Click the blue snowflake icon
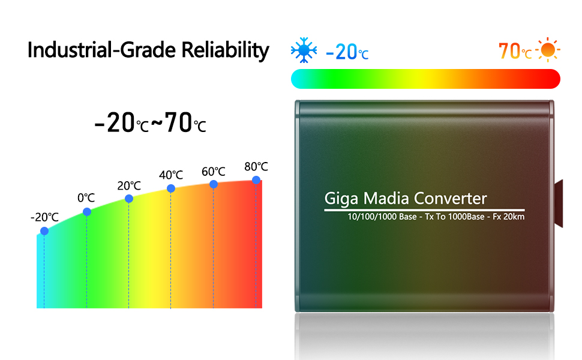point(304,52)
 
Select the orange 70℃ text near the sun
point(515,52)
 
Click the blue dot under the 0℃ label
point(87,212)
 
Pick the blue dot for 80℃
point(256,180)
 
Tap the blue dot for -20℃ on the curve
point(44,231)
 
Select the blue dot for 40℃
point(171,188)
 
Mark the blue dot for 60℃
point(214,184)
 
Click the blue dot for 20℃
point(129,199)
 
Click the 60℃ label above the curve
point(213,172)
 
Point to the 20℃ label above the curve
point(129,186)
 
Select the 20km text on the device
point(514,217)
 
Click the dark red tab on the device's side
point(558,203)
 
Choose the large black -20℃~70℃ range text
point(150,124)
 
